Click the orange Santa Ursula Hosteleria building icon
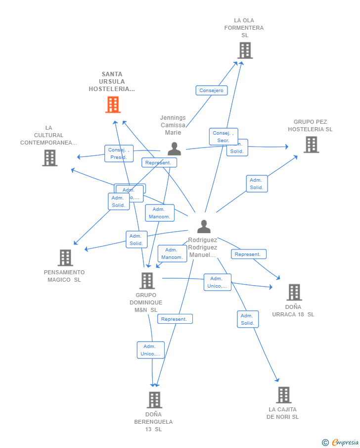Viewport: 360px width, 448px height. (113, 104)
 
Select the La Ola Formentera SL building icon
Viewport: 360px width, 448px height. (245, 50)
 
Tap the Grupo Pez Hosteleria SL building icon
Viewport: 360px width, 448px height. (311, 145)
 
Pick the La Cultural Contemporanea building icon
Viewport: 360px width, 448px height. (50, 158)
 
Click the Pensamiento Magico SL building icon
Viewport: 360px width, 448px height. (65, 258)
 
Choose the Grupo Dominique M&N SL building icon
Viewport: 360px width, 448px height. (147, 281)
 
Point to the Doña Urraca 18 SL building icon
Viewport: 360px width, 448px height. (294, 293)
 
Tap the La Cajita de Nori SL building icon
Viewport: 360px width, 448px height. (283, 395)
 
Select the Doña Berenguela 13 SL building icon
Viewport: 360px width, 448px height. (154, 400)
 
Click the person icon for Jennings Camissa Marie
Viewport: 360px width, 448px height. (174, 149)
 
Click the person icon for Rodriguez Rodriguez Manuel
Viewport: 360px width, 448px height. (204, 226)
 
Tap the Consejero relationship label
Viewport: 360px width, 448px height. (212, 91)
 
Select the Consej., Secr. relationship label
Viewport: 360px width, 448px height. (223, 137)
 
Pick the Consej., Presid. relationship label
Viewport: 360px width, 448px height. (119, 153)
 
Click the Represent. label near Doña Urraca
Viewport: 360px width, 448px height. (248, 254)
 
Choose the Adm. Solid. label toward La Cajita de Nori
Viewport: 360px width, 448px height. (247, 319)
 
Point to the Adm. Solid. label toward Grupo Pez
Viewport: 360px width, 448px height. (257, 184)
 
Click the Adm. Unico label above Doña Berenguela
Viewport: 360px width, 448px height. (150, 350)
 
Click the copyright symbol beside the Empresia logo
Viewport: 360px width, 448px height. (325, 443)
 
